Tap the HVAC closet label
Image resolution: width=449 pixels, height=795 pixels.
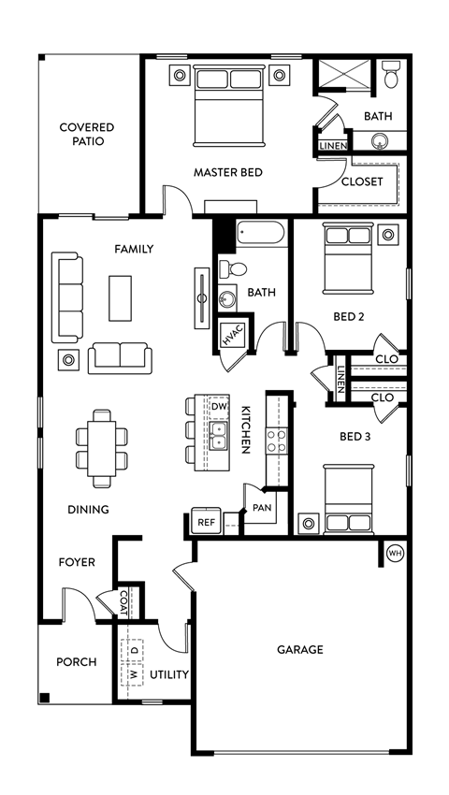pyautogui.click(x=231, y=336)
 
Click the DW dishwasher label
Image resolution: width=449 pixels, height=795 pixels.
pyautogui.click(x=218, y=407)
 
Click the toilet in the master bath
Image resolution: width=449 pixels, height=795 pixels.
pyautogui.click(x=391, y=70)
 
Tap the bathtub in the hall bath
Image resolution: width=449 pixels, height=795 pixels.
pyautogui.click(x=263, y=234)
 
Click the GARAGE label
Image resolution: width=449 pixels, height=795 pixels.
pyautogui.click(x=299, y=649)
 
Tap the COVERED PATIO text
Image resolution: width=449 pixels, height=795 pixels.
pyautogui.click(x=87, y=134)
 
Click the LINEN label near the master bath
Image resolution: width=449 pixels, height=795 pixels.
pyautogui.click(x=333, y=146)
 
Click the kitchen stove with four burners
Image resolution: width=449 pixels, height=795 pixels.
pyautogui.click(x=277, y=440)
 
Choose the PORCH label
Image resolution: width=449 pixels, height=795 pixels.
pyautogui.click(x=77, y=661)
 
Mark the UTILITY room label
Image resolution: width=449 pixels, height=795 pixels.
pyautogui.click(x=170, y=674)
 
